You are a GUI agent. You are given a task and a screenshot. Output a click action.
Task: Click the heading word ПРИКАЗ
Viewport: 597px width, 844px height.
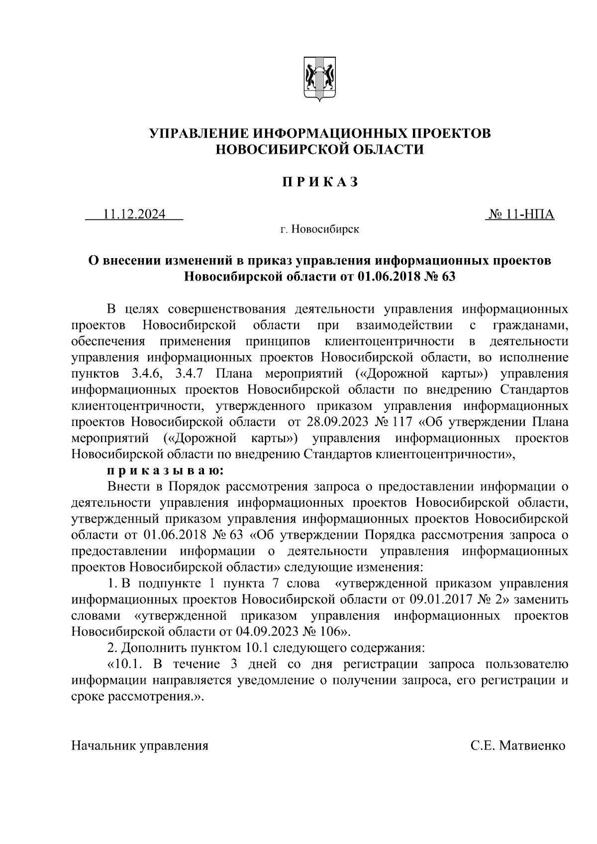tap(319, 183)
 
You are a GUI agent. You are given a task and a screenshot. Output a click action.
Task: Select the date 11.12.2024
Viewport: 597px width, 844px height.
tap(134, 215)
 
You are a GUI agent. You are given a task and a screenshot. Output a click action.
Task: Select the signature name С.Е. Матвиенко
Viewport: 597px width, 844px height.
tap(518, 746)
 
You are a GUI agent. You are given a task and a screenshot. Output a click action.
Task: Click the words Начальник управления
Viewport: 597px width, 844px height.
tap(140, 746)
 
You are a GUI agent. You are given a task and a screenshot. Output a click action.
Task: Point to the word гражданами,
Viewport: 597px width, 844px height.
tap(530, 325)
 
